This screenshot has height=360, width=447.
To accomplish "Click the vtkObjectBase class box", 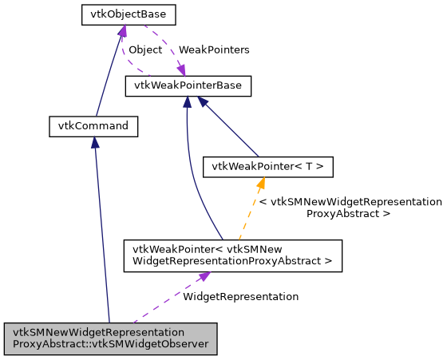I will point(129,14).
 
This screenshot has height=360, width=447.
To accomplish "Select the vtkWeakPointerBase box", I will point(188,85).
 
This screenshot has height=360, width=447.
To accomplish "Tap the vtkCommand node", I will point(93,125).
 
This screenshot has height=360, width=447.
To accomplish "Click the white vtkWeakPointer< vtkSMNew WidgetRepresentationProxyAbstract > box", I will point(232,255).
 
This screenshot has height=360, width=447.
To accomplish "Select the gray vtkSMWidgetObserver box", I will point(110,339).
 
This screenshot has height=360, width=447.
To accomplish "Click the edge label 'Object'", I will point(145,49).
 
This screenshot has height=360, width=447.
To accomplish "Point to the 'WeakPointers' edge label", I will point(213,49).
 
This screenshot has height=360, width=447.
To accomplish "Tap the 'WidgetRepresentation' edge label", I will point(240,296).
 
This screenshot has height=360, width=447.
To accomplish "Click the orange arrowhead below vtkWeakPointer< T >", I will point(260,183).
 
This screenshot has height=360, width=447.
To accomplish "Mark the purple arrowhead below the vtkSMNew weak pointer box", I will point(204,277).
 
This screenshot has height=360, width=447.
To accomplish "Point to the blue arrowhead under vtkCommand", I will point(94,142).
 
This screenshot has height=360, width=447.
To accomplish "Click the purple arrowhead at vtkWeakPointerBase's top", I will point(181,70).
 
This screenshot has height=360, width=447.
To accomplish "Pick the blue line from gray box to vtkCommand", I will point(101,231).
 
